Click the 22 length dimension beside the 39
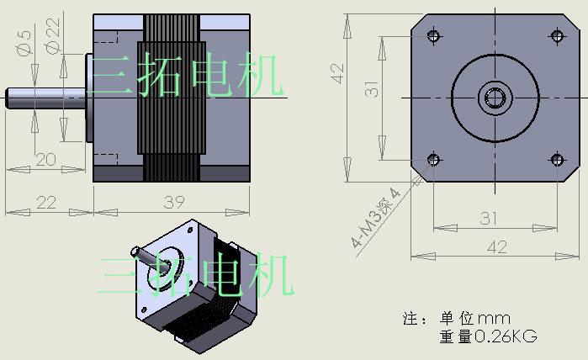click(x=45, y=203)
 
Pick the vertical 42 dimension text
click(x=339, y=73)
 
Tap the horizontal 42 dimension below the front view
click(x=497, y=246)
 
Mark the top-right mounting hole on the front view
click(x=556, y=35)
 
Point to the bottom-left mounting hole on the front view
click(x=434, y=159)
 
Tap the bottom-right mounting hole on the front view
click(x=556, y=159)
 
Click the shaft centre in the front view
click(x=495, y=98)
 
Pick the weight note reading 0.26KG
click(x=488, y=336)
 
